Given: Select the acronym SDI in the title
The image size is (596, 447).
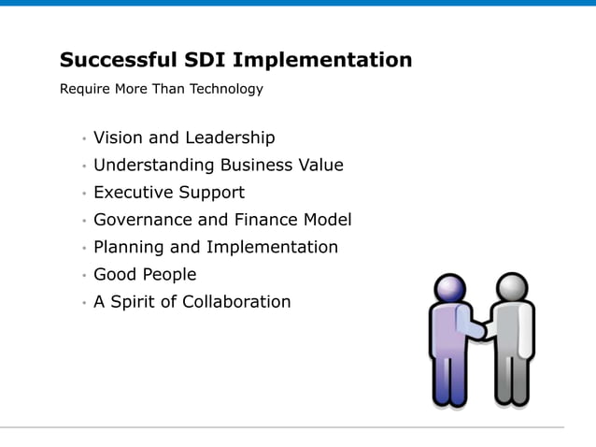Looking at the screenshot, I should [x=202, y=61].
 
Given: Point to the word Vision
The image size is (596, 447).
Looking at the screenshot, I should [x=118, y=138].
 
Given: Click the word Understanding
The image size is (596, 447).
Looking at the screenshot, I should [x=154, y=166].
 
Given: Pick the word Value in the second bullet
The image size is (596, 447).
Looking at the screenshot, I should [x=319, y=166].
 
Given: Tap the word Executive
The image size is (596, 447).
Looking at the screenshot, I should [x=134, y=193].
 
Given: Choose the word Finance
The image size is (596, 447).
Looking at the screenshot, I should [x=265, y=221].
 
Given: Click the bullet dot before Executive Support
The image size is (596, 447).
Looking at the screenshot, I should [x=83, y=195].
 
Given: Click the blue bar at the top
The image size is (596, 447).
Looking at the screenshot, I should [x=298, y=3].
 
